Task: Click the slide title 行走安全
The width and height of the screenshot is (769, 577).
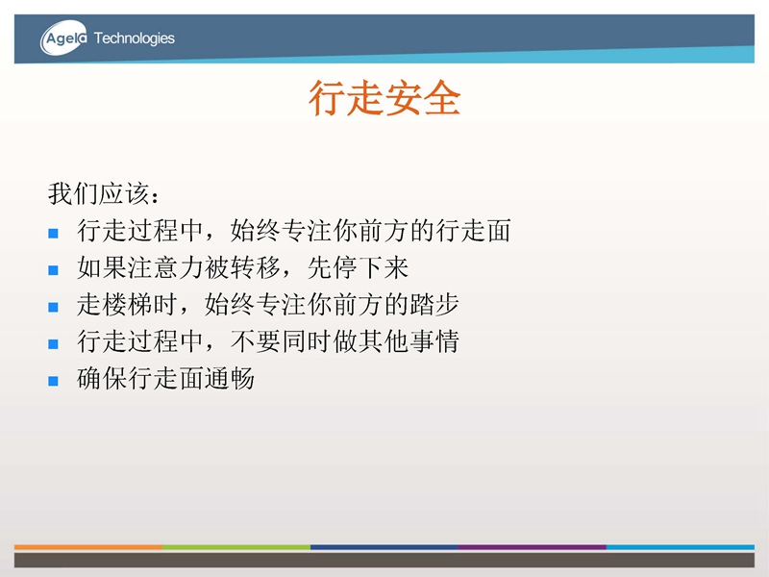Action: click(384, 98)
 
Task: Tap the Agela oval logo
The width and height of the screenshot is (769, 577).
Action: click(63, 38)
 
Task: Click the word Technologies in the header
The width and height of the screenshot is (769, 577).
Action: click(134, 38)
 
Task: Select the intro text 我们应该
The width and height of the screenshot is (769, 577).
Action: click(99, 193)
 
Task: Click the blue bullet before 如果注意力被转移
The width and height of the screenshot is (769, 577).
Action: click(54, 270)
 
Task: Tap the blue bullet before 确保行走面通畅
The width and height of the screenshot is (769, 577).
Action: click(54, 381)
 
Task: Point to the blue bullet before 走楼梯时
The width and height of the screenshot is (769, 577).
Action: click(54, 307)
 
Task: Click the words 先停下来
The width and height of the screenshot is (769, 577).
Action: click(358, 267)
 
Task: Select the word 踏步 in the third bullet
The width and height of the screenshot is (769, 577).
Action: click(434, 305)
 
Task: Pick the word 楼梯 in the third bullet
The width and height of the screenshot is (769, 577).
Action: click(128, 305)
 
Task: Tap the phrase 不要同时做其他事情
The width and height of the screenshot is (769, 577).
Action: click(345, 341)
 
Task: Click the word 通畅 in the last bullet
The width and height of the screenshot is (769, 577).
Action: click(230, 378)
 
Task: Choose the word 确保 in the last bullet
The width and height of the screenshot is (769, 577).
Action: click(102, 378)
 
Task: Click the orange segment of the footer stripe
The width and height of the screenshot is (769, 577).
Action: click(88, 547)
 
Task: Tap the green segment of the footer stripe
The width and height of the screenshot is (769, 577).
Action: click(236, 547)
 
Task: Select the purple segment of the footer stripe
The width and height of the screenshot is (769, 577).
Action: click(533, 547)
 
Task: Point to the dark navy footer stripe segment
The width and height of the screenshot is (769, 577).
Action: click(384, 547)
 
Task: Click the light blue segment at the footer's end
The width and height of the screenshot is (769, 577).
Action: click(681, 547)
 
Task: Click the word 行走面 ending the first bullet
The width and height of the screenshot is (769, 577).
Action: click(473, 231)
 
